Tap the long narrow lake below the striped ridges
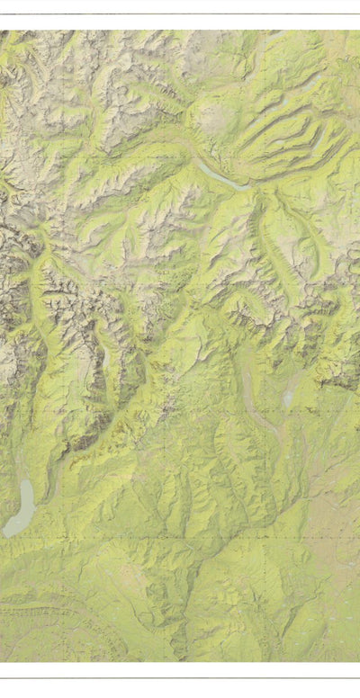(x=220, y=174)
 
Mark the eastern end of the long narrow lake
(x=248, y=187)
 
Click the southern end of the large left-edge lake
(x=9, y=532)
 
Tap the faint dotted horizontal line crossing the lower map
(x=180, y=540)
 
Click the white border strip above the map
(x=180, y=22)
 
